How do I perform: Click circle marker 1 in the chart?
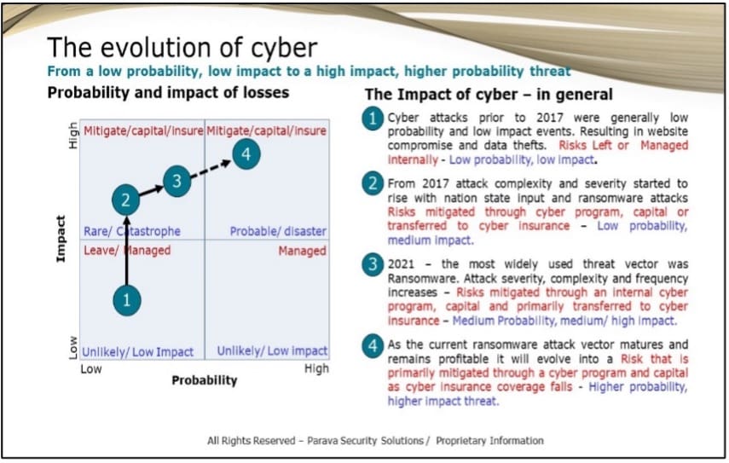point(126,299)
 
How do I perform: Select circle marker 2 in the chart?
point(125,200)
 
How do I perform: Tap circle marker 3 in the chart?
point(176,181)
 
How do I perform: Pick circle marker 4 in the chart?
point(246,154)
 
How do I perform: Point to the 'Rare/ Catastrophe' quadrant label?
point(132,231)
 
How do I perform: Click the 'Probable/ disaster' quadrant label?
point(278,231)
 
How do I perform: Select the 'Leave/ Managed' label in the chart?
point(127,251)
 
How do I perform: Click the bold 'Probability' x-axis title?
point(205,379)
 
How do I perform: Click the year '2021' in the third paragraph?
point(403,264)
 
